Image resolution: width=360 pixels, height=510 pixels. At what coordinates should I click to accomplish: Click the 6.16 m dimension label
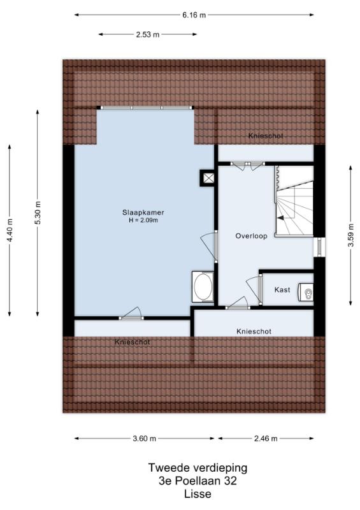click(194, 15)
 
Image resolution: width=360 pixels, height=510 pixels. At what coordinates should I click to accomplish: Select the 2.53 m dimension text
click(148, 34)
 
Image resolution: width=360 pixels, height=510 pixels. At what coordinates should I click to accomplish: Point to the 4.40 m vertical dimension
click(10, 230)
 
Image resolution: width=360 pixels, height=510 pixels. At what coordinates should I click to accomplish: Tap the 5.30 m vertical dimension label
click(38, 213)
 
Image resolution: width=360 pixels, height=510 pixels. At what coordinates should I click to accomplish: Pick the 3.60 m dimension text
click(144, 439)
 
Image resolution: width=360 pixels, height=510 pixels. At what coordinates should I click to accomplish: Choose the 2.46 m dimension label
click(266, 439)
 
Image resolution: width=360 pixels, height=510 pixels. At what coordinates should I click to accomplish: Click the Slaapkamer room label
click(143, 213)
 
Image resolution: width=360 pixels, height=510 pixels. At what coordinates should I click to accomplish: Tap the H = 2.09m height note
click(143, 221)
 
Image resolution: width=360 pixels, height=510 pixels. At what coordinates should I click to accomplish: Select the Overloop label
click(252, 236)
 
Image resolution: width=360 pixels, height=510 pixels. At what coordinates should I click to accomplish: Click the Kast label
click(282, 289)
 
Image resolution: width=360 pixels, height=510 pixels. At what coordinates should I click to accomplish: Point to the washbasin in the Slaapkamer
click(203, 286)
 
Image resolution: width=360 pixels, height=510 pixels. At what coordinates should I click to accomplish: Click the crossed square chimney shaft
click(208, 178)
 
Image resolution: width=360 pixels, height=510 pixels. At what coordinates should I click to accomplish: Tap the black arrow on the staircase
click(280, 219)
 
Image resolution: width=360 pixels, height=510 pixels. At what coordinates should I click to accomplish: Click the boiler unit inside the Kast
click(306, 292)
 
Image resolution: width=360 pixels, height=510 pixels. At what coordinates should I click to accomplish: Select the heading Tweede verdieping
click(198, 468)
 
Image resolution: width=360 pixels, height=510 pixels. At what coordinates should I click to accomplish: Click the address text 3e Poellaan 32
click(198, 481)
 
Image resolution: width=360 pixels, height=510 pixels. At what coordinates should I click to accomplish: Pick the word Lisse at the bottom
click(198, 493)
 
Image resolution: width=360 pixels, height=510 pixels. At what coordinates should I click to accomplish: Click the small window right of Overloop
click(319, 247)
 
